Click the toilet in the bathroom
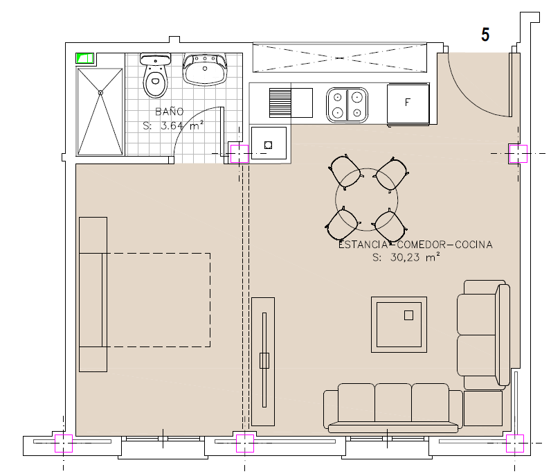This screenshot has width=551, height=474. coord(155,76)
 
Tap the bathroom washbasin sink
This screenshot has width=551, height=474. coord(205,70)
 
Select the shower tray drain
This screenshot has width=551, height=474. coord(100,93)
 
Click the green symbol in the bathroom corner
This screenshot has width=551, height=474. coord(84,58)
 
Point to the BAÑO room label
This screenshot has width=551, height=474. coord(170,112)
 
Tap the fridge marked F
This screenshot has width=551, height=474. coord(408,103)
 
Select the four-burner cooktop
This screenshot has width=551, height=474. coord(347,105)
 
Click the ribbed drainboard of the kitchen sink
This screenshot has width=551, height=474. coord(280,103)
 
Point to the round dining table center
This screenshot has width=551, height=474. coord(366,200)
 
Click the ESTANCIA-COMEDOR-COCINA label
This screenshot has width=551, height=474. coord(415,245)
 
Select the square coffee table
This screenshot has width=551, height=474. coord(399,324)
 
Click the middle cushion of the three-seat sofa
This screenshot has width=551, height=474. coord(393,402)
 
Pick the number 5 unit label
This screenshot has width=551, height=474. coord(485,35)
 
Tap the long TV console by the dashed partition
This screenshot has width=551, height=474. coord(263,362)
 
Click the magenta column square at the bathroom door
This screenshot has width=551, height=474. coord(240,154)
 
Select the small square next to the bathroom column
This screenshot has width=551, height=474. coord(268,145)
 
